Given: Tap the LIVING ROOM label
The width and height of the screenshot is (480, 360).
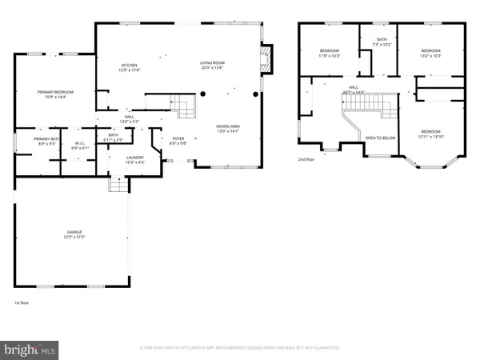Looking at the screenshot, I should pos(212,65).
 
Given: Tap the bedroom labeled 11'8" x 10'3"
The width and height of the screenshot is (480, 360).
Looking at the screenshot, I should pos(330,54).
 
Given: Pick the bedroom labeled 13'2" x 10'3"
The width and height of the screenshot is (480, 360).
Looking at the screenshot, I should pos(431,54).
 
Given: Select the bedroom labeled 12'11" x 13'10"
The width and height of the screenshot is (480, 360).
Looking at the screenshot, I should pos(430,133).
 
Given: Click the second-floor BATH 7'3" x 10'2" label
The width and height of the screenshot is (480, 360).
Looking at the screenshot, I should pos(382,42).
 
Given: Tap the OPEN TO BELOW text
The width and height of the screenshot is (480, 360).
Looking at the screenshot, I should pos(380,138).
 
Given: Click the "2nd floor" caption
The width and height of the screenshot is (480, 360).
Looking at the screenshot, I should pos(307,159).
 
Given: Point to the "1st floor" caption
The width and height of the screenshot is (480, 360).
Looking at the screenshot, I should pos(22,303).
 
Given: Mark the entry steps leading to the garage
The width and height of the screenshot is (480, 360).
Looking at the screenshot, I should pos(118,185).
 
